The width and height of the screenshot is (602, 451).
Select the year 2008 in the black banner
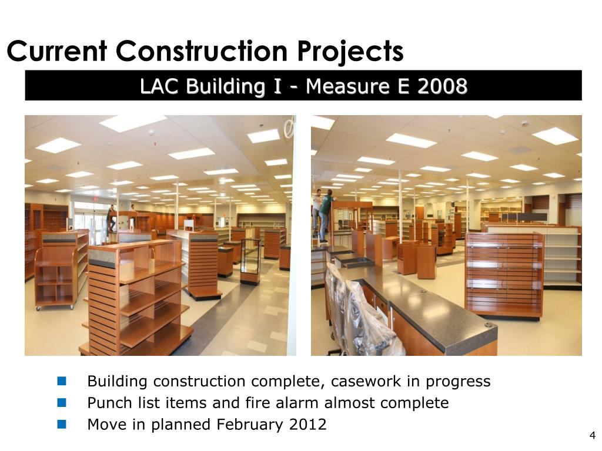coord(442,86)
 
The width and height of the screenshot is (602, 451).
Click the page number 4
coord(592,435)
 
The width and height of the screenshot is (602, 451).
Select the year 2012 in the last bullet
coord(308,425)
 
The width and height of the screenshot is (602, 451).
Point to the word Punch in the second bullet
coord(107,403)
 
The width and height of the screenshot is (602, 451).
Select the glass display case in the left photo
coord(250,261)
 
